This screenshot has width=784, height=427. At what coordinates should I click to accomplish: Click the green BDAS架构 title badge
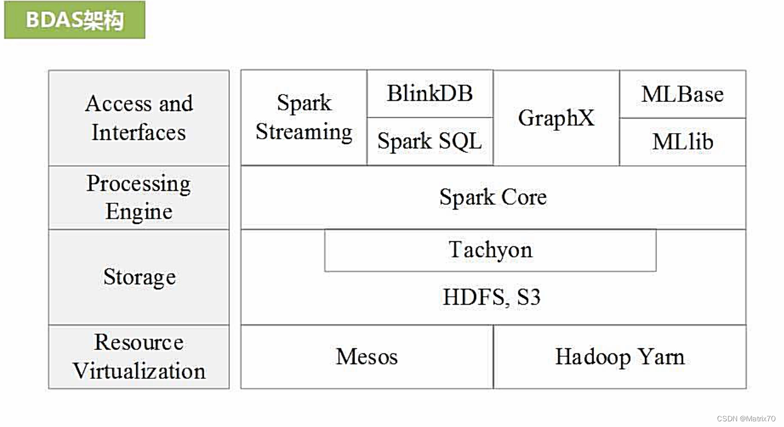click(74, 20)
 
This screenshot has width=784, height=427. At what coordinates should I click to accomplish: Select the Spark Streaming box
click(304, 118)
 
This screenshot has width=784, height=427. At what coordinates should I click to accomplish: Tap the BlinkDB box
click(429, 93)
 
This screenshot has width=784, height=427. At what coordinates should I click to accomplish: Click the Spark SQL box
click(429, 142)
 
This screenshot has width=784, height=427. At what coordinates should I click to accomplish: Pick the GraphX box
click(556, 118)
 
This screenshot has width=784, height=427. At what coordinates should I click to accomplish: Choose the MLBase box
click(682, 94)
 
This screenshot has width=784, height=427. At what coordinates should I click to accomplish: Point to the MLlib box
click(682, 142)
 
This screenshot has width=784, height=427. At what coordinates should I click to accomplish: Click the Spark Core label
click(493, 197)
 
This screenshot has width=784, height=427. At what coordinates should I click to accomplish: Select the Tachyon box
click(490, 250)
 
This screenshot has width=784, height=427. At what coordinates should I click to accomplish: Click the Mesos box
click(366, 357)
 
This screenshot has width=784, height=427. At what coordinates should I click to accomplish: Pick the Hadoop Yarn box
click(619, 357)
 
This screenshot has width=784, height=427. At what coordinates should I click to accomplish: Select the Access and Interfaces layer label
click(139, 118)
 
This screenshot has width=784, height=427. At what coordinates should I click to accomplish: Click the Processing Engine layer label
click(139, 198)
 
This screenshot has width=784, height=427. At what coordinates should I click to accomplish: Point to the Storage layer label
click(139, 277)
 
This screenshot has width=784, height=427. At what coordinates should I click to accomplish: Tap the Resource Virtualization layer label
click(139, 357)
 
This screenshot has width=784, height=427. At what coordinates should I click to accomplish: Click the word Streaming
click(304, 133)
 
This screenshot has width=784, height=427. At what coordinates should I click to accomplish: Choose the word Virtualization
click(139, 371)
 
